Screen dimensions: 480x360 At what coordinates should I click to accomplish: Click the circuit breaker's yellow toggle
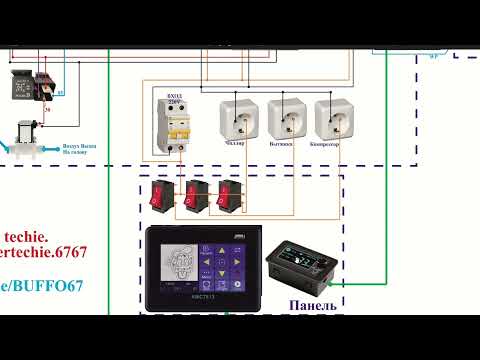173,127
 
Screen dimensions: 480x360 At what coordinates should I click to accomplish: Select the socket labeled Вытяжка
286,118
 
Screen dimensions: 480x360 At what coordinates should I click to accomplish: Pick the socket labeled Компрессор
332,118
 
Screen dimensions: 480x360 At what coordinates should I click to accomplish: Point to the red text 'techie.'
23,228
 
